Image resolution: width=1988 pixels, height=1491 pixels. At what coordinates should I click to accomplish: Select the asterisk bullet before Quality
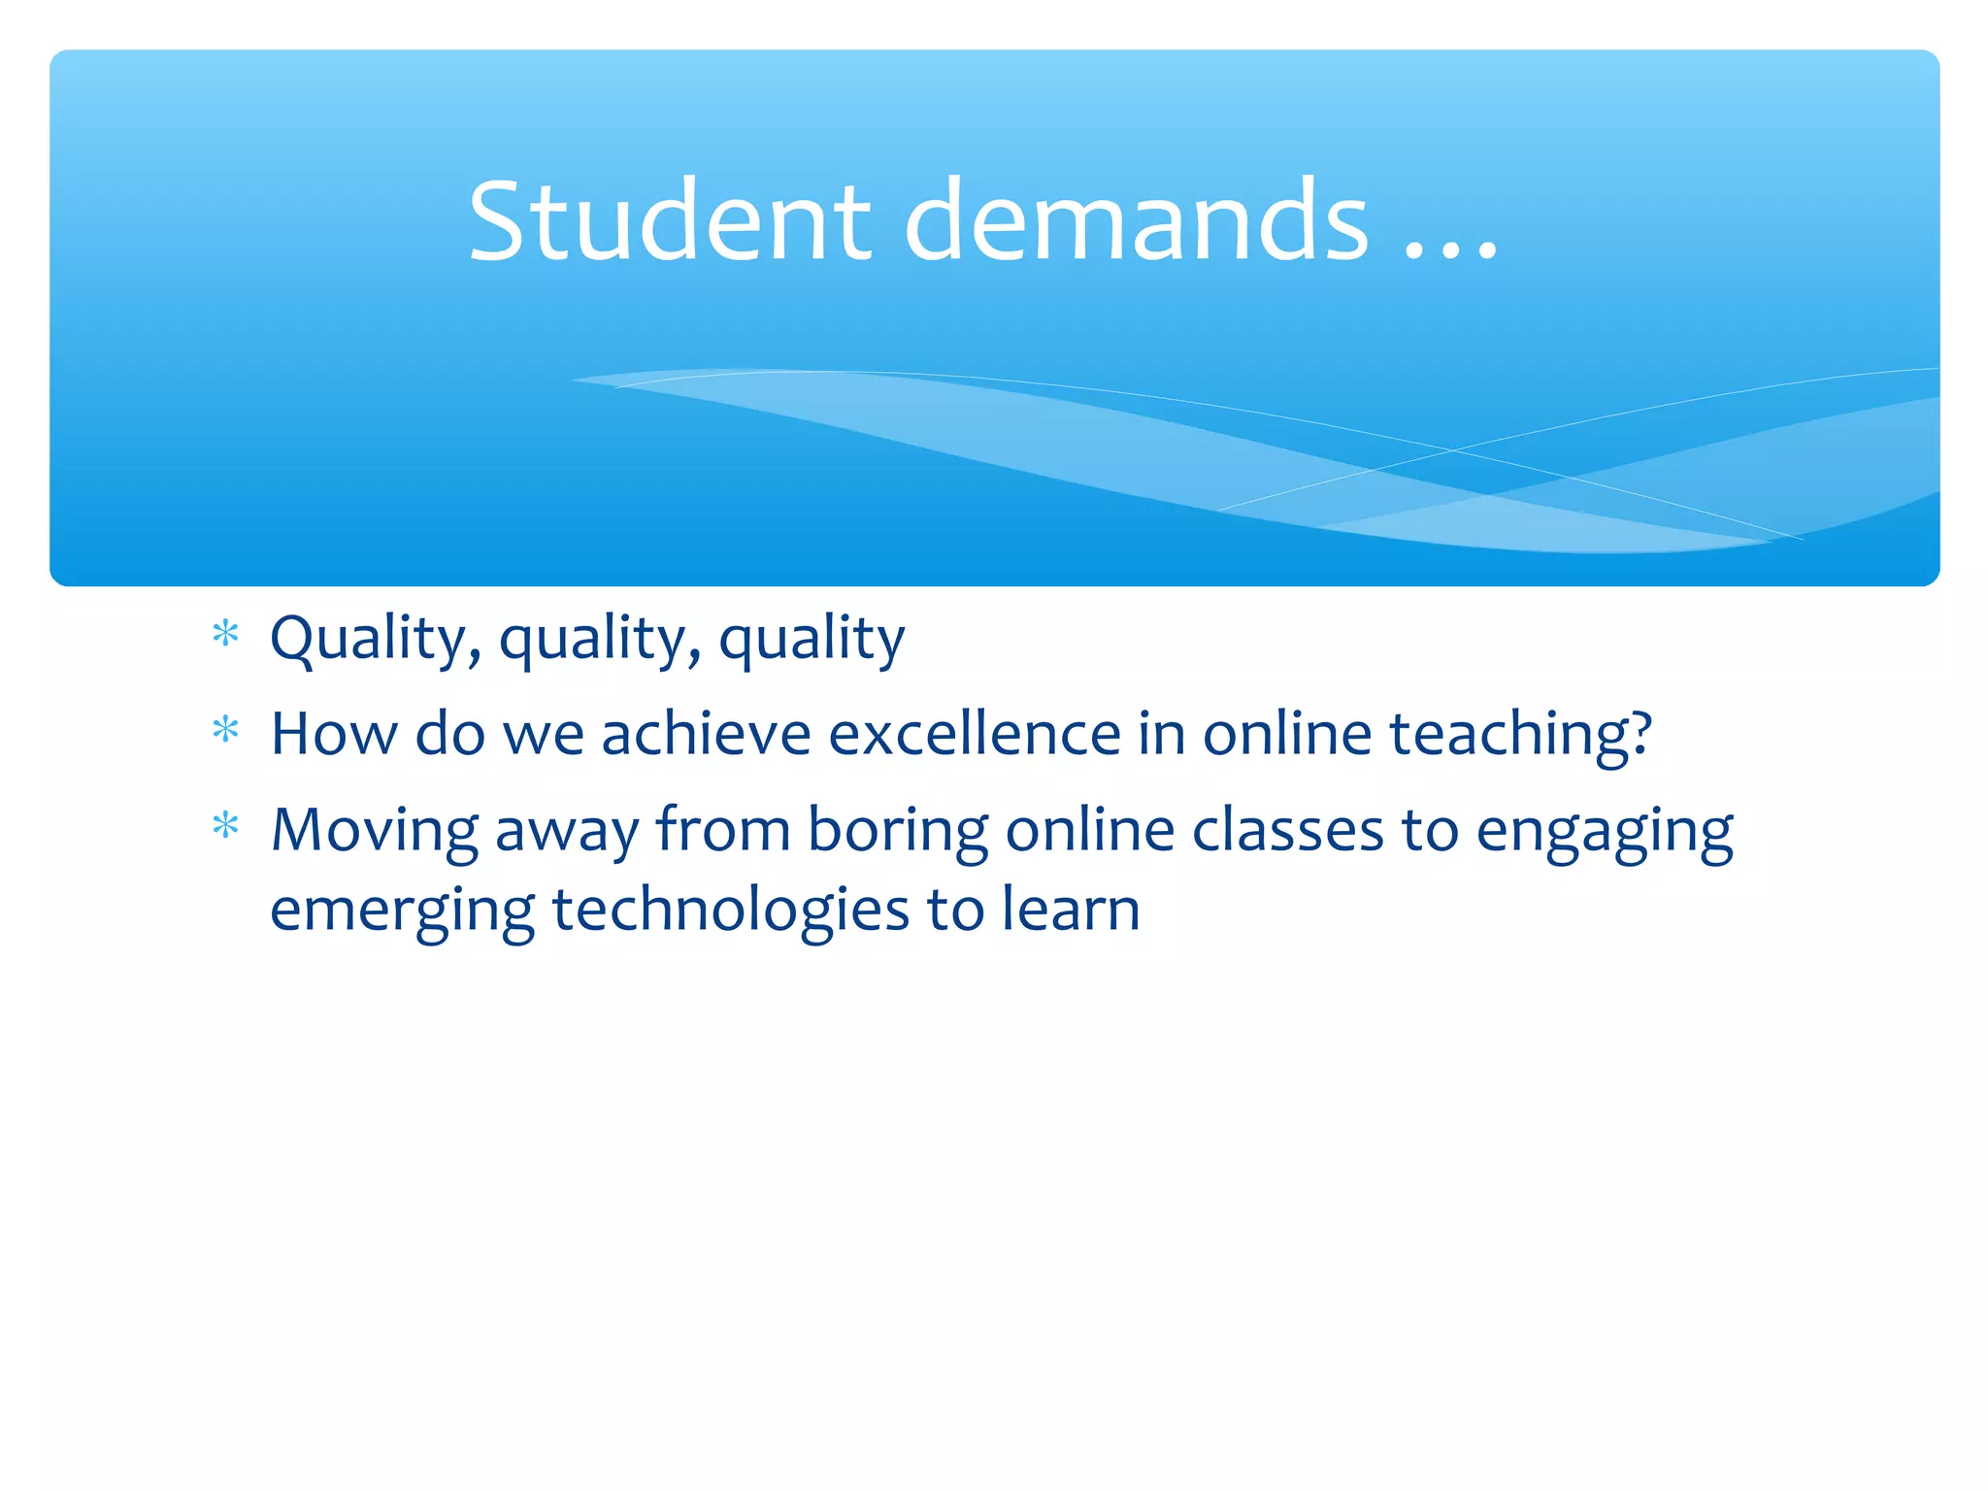pos(225,635)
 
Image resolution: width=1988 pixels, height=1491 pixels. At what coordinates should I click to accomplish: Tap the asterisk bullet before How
pos(225,730)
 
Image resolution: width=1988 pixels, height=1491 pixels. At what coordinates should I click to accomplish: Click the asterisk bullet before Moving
pos(225,826)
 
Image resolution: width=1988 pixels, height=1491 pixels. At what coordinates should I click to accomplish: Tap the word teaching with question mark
pos(1520,736)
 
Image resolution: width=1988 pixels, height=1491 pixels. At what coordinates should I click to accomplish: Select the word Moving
pos(374,833)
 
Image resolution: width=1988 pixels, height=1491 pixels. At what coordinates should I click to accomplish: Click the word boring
pos(897,833)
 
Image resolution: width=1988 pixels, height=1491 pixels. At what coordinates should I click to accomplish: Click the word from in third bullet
pos(723,831)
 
